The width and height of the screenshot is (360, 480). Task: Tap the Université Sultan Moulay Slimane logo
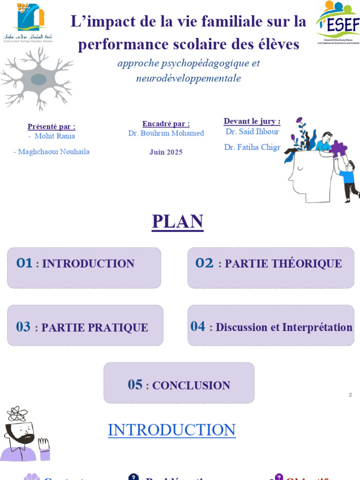(29, 22)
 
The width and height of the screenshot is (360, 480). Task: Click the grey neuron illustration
(37, 77)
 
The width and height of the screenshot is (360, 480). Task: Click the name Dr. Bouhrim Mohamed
(166, 133)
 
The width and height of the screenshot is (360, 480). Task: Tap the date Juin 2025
(166, 152)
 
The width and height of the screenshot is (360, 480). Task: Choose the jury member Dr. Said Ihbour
(252, 132)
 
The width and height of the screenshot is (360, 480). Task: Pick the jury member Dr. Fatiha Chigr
(252, 147)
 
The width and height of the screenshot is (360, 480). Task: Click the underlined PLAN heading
(177, 222)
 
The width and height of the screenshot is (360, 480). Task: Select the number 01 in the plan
(24, 263)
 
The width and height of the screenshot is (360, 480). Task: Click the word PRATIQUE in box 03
(122, 328)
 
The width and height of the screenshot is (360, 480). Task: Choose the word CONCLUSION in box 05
(191, 386)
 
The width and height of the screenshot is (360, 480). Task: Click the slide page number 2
(350, 395)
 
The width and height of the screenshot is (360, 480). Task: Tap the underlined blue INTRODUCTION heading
(172, 430)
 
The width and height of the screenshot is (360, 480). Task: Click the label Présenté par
(52, 127)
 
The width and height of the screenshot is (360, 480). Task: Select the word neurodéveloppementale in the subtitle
(188, 78)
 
